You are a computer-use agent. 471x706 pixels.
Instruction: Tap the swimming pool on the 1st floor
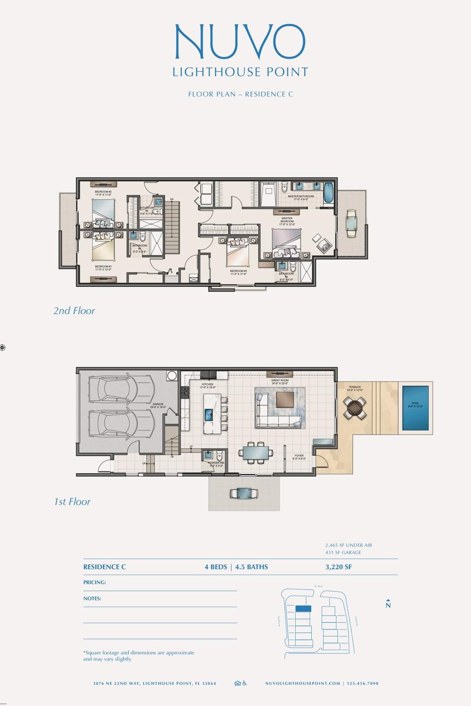click(415, 408)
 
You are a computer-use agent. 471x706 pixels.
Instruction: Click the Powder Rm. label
click(217, 463)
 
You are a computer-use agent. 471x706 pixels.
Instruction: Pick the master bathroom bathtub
click(328, 193)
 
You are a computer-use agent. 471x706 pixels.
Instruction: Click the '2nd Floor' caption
click(74, 311)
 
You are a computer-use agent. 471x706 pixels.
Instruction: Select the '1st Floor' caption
click(72, 502)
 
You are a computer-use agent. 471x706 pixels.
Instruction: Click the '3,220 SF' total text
click(338, 567)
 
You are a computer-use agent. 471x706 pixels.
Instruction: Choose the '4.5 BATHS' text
click(252, 567)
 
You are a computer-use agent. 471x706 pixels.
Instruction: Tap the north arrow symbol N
click(388, 604)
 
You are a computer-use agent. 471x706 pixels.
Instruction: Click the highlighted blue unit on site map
click(303, 609)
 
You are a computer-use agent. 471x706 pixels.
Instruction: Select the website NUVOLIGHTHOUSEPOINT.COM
click(303, 683)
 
